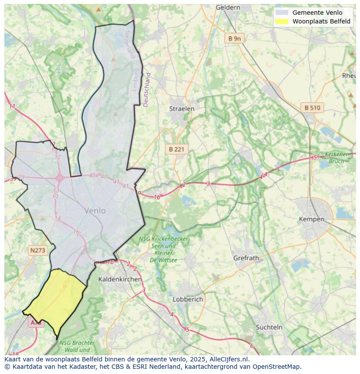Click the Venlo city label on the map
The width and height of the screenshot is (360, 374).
tap(95, 211)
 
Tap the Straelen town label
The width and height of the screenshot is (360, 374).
tap(182, 109)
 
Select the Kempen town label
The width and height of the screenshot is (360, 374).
tap(311, 219)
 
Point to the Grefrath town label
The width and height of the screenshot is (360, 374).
tap(246, 258)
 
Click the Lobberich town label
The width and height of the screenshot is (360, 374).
tap(188, 299)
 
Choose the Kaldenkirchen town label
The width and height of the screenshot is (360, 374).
tap(120, 279)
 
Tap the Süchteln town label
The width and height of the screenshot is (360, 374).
tap(269, 327)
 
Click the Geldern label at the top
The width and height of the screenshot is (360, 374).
tap(228, 7)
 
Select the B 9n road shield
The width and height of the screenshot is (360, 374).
tap(234, 39)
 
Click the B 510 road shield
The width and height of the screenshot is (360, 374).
tap(312, 108)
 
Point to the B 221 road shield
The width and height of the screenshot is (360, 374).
tap(177, 149)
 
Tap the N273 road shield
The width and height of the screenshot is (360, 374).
tap(37, 250)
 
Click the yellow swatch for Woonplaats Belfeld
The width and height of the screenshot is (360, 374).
tap(282, 21)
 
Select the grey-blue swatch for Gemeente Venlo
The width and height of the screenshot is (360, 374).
tap(282, 13)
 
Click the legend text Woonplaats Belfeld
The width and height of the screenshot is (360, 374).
tap(321, 21)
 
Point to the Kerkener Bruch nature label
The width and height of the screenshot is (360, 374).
tap(337, 158)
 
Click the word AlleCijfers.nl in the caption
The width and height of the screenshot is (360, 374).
tap(228, 359)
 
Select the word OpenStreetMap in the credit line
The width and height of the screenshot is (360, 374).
tap(278, 367)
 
